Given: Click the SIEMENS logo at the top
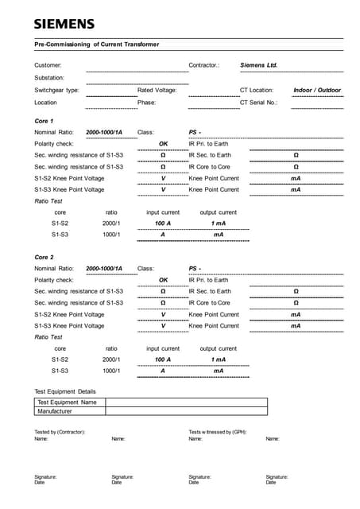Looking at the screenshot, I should [x=64, y=24].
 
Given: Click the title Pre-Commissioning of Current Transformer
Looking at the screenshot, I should [x=96, y=45].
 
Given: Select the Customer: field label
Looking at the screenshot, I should [x=48, y=65].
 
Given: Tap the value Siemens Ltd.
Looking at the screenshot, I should [x=258, y=65].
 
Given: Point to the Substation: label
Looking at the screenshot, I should [x=49, y=78].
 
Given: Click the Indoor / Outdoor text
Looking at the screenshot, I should [x=317, y=91].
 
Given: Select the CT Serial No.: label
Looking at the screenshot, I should [x=258, y=103].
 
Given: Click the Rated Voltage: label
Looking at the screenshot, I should [x=157, y=91].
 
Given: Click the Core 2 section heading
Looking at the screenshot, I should [x=44, y=258].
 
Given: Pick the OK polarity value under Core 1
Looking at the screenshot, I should [x=163, y=144].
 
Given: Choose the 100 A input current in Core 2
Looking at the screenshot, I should [x=163, y=359].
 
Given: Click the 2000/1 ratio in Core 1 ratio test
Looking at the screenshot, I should [x=111, y=223].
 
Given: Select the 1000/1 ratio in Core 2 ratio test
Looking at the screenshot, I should [x=111, y=371].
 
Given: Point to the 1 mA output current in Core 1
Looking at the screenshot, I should [x=218, y=223].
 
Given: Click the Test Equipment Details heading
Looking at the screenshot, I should [x=64, y=391].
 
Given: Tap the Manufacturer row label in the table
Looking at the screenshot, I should [x=55, y=411].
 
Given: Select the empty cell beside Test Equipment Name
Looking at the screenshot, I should [x=186, y=402].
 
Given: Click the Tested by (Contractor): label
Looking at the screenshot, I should [x=60, y=432].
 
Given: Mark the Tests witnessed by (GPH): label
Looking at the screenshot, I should [x=217, y=432].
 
